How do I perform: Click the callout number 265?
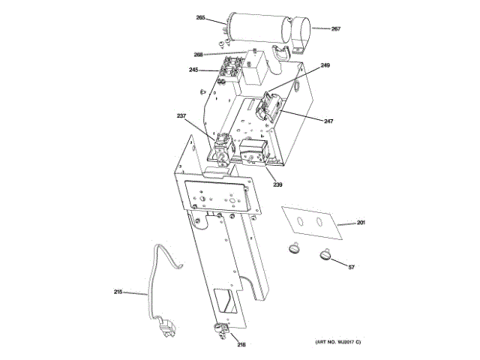pos(200,17)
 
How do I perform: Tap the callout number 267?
pos(335,29)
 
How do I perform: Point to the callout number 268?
pos(199,54)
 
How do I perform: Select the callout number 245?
pos(193,70)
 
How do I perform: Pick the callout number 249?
pos(325,66)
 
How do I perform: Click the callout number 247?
pos(328,120)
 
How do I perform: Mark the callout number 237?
pos(181,115)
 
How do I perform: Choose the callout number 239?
pos(277,184)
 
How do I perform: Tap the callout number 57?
pos(351,267)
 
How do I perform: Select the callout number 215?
pos(118,292)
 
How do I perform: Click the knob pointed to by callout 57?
pos(325,255)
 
